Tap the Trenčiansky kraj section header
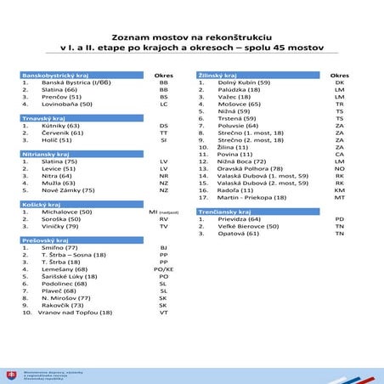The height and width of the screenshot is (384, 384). tap(223, 210)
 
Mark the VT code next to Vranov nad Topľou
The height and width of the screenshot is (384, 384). tap(163, 313)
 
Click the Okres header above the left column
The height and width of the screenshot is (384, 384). tap(163, 75)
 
